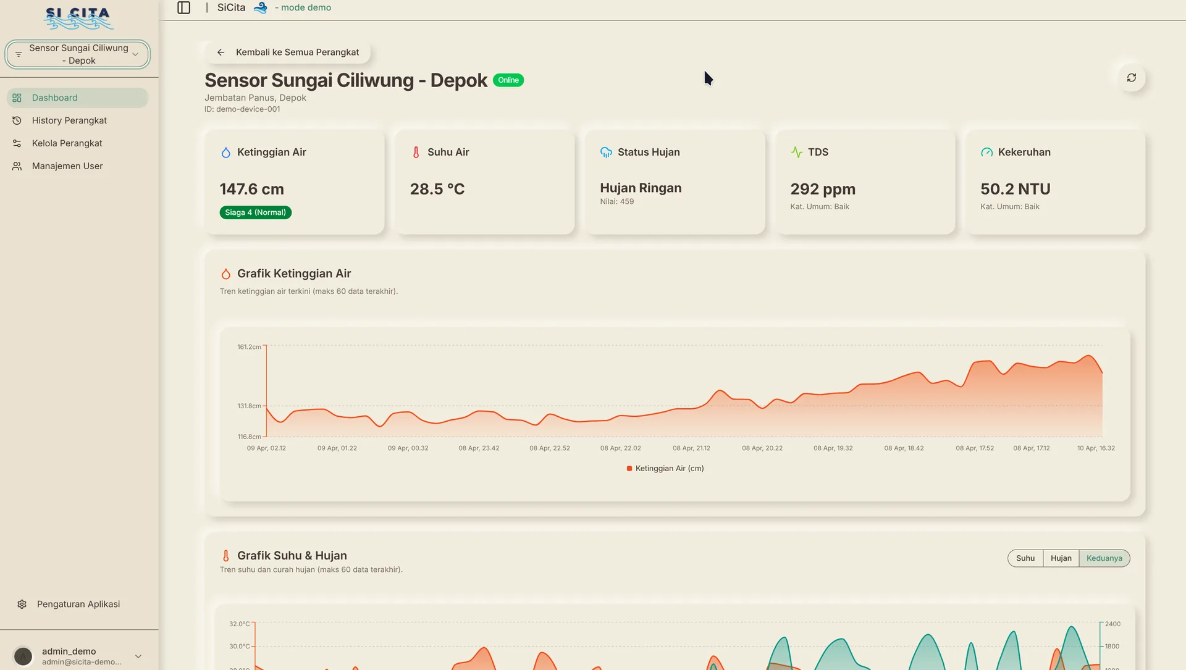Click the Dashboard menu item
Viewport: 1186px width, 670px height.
pos(78,98)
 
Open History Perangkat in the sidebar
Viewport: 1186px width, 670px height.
pos(69,120)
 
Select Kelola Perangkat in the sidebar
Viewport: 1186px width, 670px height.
pos(67,143)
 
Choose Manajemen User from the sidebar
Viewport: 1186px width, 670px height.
pos(67,166)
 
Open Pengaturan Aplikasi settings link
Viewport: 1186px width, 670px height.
pos(78,604)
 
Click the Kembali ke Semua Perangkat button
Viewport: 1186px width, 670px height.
pos(288,52)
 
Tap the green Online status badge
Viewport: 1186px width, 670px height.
pos(508,80)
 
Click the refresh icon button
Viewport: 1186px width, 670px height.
pos(1132,78)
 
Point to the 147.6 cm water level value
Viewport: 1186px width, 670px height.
pos(252,189)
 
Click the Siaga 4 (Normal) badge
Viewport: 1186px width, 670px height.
pos(256,212)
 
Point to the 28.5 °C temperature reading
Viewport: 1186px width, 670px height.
pos(437,189)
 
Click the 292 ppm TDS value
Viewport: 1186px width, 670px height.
pos(823,189)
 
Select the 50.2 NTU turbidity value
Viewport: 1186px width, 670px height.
pos(1016,189)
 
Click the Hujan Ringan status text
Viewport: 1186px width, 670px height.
pos(641,188)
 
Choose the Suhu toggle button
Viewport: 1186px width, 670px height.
pos(1025,558)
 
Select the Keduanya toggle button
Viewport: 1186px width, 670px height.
pos(1104,558)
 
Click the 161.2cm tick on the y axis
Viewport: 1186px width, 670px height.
pos(250,347)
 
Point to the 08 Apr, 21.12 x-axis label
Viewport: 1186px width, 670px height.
pos(691,448)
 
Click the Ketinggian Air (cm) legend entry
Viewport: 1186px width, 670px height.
pos(665,469)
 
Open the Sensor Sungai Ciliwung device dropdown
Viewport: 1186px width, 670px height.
pos(78,54)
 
